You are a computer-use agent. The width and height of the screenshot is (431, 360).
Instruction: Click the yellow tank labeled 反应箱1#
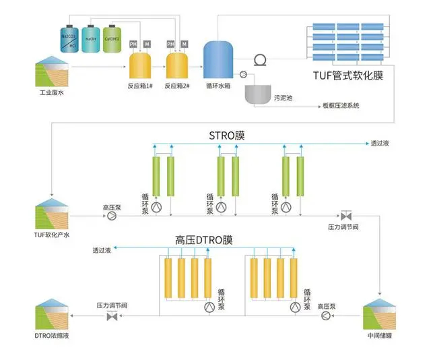coord(140,68)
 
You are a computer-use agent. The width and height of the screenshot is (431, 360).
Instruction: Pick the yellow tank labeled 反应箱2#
coord(177,68)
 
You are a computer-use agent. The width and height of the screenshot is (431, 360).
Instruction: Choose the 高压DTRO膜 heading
coord(203,239)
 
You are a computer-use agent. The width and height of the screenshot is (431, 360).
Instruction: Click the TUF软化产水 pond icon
coord(51,214)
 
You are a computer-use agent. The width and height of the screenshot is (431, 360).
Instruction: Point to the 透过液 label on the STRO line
coord(379,144)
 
